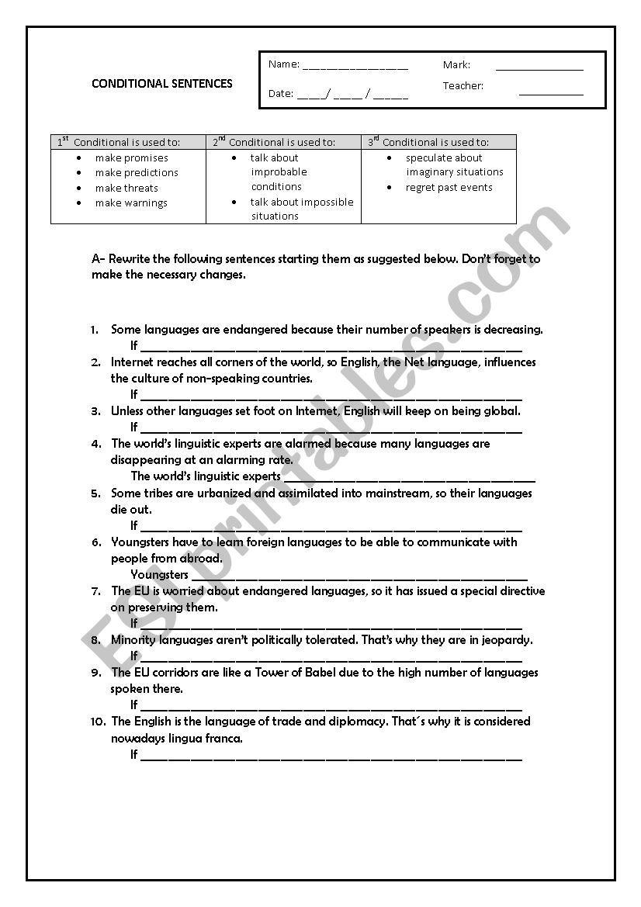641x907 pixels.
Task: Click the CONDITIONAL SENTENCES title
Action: (x=162, y=84)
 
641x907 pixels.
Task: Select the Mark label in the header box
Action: (x=456, y=64)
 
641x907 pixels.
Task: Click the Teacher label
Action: (x=463, y=85)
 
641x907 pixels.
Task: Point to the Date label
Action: (x=281, y=93)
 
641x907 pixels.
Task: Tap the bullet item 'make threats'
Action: (x=126, y=188)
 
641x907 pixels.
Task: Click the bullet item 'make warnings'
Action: (x=131, y=203)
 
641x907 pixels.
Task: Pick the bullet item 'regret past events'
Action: (x=449, y=187)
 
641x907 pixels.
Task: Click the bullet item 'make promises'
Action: (x=131, y=158)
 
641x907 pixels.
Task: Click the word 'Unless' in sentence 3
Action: (x=126, y=411)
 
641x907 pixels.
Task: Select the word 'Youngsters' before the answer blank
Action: (x=159, y=575)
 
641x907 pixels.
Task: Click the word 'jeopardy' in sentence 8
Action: (x=506, y=640)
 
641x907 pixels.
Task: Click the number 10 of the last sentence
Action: (x=97, y=722)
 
